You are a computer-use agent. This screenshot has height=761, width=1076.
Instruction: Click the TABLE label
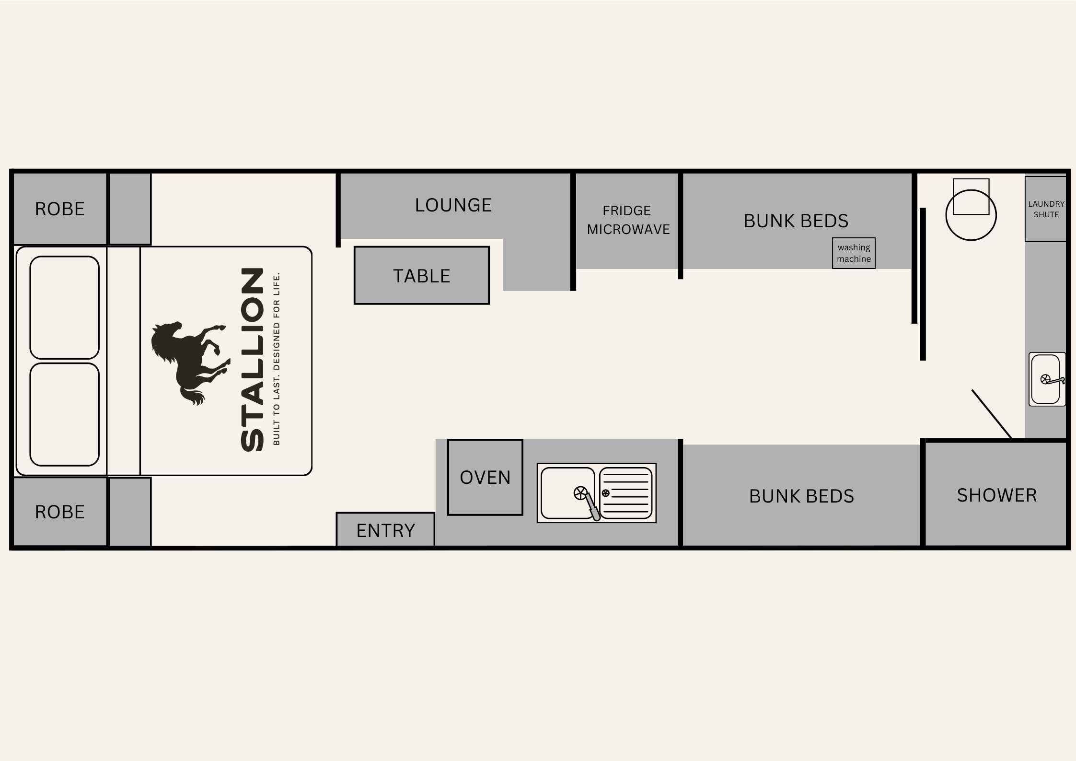(422, 276)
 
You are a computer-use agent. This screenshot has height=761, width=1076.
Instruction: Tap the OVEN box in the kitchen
(485, 477)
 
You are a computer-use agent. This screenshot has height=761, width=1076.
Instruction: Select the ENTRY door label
(386, 531)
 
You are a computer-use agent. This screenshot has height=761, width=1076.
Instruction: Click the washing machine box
(854, 253)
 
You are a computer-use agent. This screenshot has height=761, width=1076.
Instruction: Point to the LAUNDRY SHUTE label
(1046, 209)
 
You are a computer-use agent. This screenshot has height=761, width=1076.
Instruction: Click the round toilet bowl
(971, 215)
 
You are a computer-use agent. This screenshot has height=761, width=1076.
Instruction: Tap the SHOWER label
(997, 495)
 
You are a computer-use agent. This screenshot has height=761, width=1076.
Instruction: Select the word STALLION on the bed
(252, 360)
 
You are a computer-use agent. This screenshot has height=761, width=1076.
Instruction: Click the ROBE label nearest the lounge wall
(60, 209)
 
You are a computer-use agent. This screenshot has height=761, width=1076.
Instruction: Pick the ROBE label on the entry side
(60, 512)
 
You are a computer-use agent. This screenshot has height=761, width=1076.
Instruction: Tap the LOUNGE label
(453, 205)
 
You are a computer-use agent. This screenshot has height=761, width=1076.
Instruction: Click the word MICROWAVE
(628, 230)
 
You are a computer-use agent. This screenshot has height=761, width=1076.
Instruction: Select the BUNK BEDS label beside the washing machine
(796, 221)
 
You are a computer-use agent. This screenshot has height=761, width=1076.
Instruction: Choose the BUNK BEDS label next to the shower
(802, 496)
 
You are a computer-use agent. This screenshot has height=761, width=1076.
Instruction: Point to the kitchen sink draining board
(626, 493)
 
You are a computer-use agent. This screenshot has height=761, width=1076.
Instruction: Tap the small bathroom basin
(1047, 379)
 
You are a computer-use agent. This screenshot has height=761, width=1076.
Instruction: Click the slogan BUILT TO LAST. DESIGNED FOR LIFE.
(276, 359)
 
